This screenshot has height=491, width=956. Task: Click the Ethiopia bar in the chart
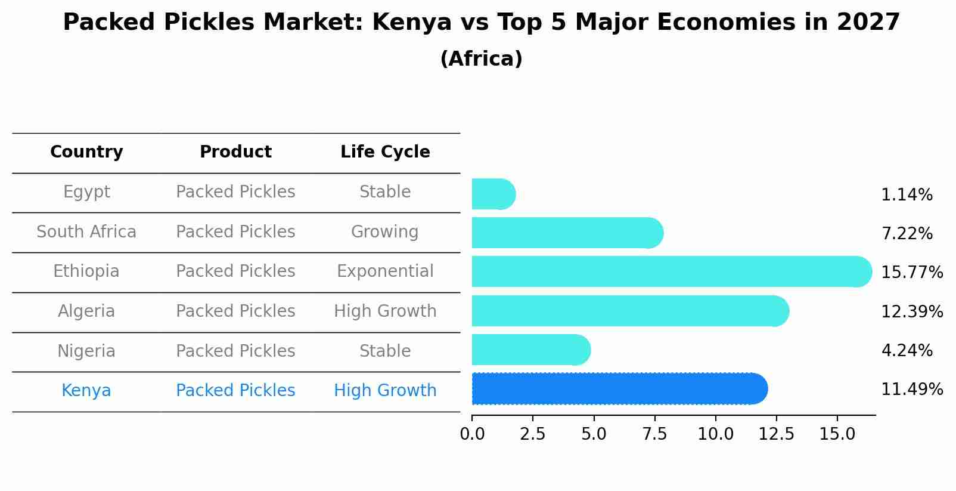tap(668, 271)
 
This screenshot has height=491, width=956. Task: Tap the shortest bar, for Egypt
tap(492, 194)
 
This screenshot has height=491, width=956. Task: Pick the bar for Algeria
tap(626, 311)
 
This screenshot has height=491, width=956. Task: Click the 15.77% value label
tap(911, 273)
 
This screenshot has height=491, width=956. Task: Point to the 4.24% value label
tap(907, 351)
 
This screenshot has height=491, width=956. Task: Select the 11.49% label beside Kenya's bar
tap(911, 390)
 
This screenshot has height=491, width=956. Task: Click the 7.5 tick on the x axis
tap(654, 434)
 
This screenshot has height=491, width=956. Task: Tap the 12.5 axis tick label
tap(776, 434)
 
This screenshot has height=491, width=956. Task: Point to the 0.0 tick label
tap(472, 434)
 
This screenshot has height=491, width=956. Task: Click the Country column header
tap(86, 152)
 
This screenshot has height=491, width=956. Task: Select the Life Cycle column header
tap(385, 152)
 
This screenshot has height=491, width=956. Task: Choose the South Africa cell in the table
tap(86, 232)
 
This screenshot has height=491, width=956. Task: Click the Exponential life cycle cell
tap(385, 271)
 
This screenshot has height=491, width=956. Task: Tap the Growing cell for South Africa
tap(385, 232)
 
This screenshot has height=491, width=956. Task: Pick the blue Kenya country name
tap(86, 391)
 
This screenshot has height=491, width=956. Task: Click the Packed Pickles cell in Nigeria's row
tap(235, 351)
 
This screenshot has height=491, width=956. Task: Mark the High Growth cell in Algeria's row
tap(385, 311)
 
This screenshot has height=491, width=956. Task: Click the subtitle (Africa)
tap(481, 59)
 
